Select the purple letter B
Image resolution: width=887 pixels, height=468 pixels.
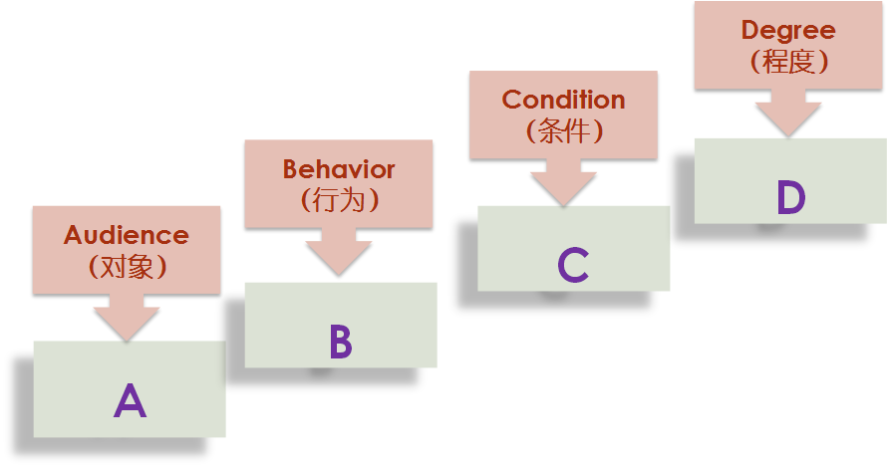340,342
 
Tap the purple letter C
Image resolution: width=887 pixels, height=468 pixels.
573,265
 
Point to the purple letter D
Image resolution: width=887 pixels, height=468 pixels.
790,198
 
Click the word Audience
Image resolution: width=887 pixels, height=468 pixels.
127,236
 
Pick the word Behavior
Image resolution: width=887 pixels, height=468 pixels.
339,169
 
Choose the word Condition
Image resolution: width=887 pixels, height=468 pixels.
563,100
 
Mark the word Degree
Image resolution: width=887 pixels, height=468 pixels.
787,31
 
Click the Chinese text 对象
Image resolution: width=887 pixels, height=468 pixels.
127,266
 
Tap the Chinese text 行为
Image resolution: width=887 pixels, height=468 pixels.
339,199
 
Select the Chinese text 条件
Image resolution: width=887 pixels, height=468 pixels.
563,130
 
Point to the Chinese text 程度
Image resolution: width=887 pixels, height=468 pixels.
787,61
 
